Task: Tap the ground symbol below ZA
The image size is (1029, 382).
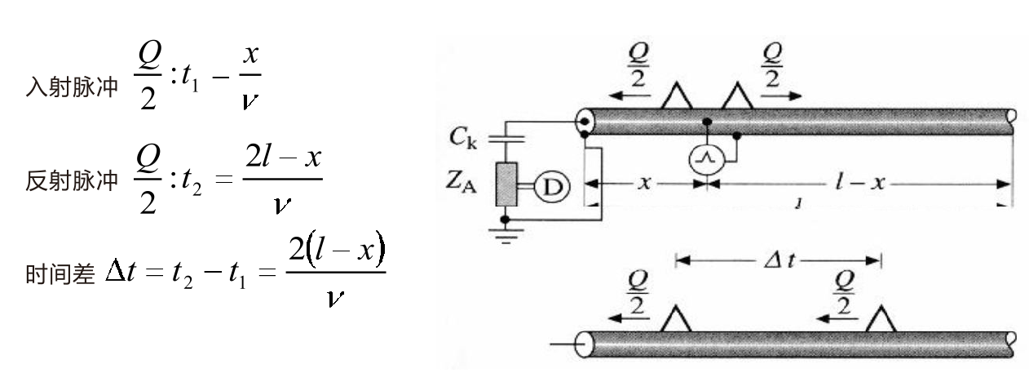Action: coord(507,232)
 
